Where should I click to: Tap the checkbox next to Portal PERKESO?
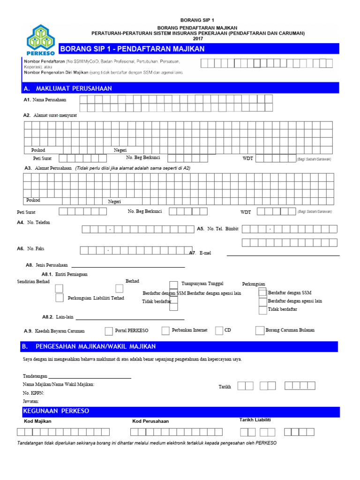point(109,331)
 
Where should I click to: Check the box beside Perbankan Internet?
point(165,331)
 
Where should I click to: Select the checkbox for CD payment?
point(219,331)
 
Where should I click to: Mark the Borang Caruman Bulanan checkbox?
point(260,331)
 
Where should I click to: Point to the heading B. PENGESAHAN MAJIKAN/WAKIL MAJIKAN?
point(90,346)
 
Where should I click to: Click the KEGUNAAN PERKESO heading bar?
point(56,411)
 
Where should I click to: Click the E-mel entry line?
point(283,255)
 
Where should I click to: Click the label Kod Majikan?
point(37,421)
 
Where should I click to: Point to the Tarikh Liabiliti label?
point(255,420)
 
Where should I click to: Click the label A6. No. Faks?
point(34,248)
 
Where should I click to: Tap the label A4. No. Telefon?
point(37,222)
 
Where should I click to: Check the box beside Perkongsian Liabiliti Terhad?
point(60,298)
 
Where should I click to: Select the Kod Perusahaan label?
point(150,421)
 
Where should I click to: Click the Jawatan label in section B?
point(31,402)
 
